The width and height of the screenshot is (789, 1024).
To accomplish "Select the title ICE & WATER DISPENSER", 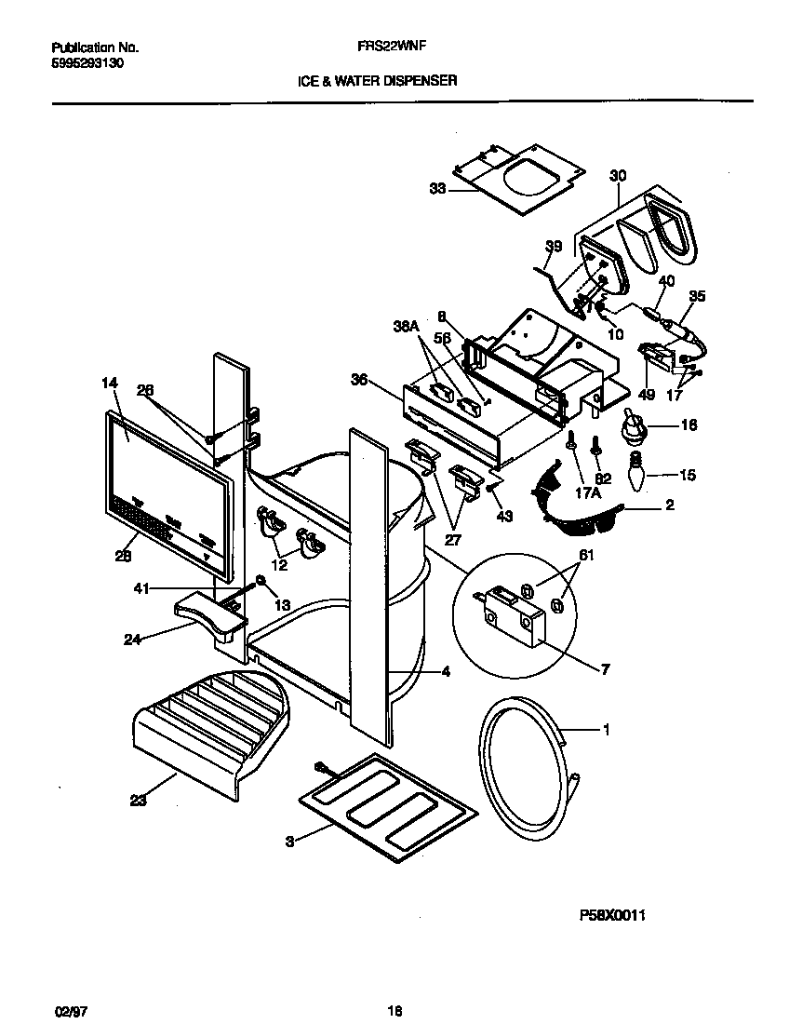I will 377,81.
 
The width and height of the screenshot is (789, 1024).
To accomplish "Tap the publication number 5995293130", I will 86,63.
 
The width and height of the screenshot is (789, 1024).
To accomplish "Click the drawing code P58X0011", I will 612,915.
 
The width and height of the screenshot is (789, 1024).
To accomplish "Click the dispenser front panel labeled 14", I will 167,493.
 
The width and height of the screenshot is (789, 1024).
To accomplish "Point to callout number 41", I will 140,587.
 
